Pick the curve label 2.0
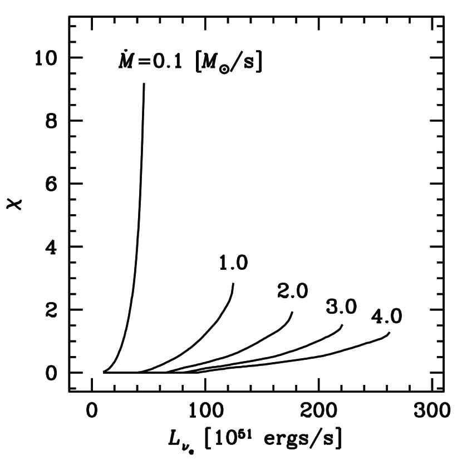click(x=292, y=291)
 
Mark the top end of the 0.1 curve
click(x=144, y=84)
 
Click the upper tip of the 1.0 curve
click(x=233, y=284)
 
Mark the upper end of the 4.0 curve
click(x=390, y=333)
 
